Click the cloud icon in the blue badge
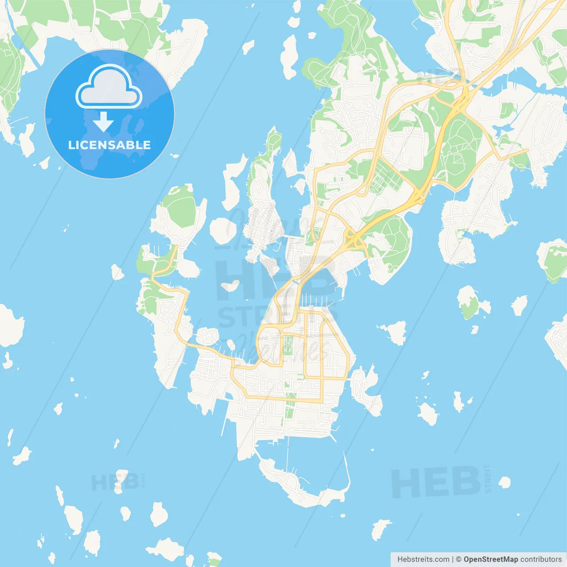(x=109, y=87)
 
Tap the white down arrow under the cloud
(x=103, y=121)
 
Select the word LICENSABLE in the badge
(x=109, y=145)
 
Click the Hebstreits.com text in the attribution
(x=423, y=559)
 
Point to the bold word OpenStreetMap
(x=490, y=559)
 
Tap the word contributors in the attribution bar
(x=541, y=559)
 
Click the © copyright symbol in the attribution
(x=459, y=559)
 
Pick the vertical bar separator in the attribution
(x=453, y=559)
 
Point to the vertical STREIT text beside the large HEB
(x=488, y=478)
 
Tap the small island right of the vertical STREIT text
(x=505, y=482)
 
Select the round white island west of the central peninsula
(x=223, y=230)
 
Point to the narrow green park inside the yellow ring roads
(x=288, y=346)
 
